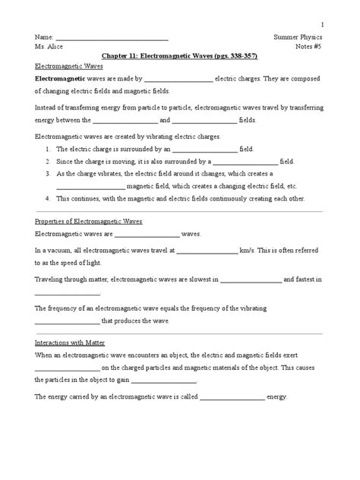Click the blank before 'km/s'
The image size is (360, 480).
(207, 249)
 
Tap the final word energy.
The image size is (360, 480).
(277, 396)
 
